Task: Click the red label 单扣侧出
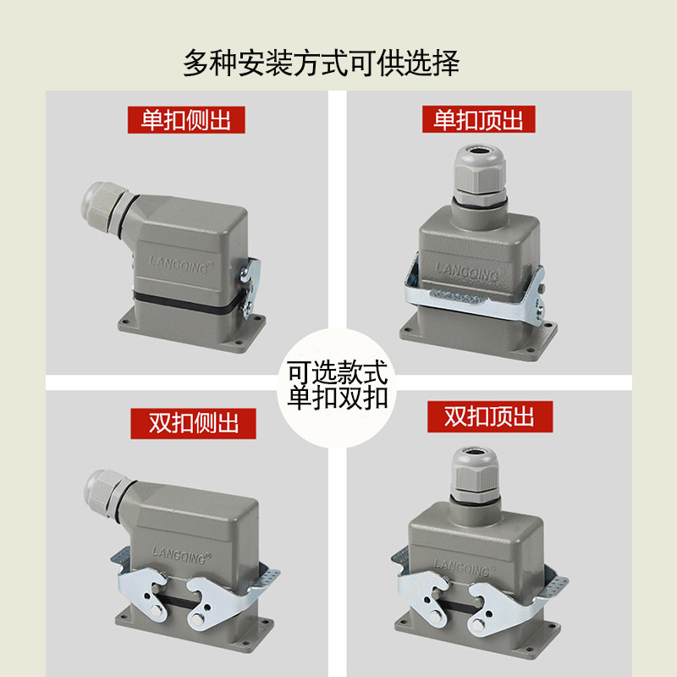185,119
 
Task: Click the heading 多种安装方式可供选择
322,63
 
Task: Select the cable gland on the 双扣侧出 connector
105,489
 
